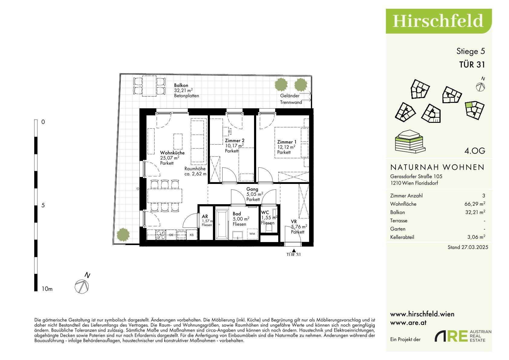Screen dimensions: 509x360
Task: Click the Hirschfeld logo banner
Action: coord(439,21)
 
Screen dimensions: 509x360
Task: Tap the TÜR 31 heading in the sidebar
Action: coord(472,65)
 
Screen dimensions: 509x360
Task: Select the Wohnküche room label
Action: coord(172,153)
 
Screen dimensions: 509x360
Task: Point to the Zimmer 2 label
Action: coord(235,140)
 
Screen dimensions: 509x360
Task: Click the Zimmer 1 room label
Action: coord(287,142)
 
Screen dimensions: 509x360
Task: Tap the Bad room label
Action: coord(237,214)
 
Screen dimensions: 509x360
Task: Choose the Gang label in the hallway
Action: coord(252,189)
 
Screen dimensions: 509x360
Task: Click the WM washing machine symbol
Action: coord(252,234)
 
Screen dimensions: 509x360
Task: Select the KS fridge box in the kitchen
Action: coord(192,235)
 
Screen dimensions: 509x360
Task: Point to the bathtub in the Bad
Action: coord(222,224)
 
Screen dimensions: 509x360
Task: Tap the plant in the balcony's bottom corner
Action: coord(123,234)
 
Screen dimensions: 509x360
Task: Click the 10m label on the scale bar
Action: coord(47,289)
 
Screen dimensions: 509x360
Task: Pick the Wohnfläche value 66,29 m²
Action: coord(475,204)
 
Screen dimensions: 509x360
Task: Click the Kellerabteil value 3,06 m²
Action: coord(476,237)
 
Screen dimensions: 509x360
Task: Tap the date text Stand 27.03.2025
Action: coord(468,247)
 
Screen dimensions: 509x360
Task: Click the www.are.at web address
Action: coord(408,323)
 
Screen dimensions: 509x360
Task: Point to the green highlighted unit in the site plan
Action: coord(468,105)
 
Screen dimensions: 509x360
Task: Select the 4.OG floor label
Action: coord(475,151)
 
